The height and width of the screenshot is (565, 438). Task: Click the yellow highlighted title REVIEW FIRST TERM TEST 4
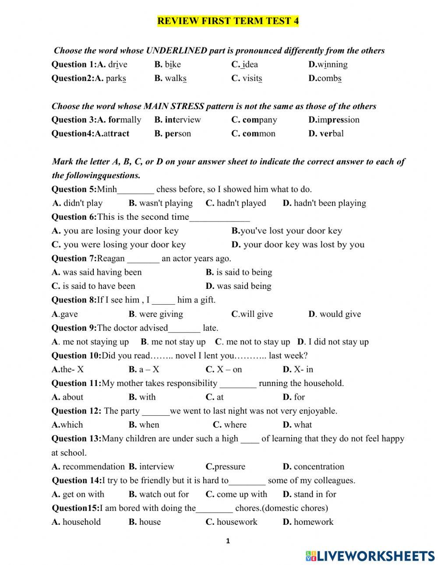coord(228,21)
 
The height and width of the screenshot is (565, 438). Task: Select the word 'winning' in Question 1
coord(332,65)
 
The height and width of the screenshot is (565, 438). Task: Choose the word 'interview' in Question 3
coord(183,120)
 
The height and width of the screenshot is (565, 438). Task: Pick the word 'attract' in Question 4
coord(116,134)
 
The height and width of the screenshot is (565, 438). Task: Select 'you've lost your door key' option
coord(291,231)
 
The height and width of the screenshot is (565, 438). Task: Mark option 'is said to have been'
coord(99,286)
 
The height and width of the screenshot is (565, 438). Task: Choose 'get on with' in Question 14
coord(83,495)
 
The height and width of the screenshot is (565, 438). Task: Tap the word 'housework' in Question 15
coord(237,522)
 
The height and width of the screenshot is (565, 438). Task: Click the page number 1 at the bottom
coord(228,541)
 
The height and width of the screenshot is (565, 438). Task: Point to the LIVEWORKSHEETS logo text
coord(376,556)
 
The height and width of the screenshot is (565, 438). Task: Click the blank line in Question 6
coord(219,218)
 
